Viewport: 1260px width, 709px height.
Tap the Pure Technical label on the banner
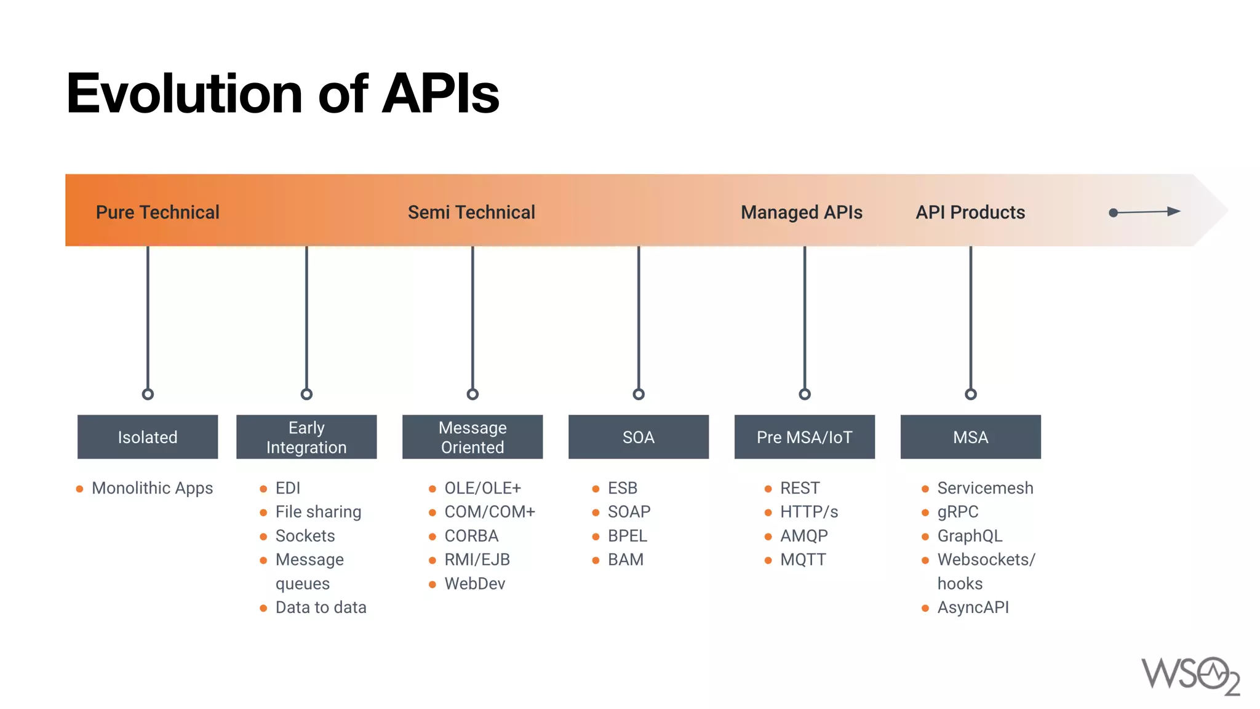tap(157, 212)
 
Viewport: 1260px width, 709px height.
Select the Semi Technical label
tap(471, 212)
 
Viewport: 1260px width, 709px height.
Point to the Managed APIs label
tap(801, 212)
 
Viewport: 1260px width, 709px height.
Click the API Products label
tap(970, 212)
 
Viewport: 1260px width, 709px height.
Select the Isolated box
tap(148, 437)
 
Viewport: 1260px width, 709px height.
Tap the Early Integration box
tap(306, 437)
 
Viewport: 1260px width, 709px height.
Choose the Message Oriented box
tap(472, 437)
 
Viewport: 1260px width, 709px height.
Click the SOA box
tap(639, 437)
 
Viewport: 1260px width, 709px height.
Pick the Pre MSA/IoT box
tap(804, 437)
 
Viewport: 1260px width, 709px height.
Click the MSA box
tap(970, 437)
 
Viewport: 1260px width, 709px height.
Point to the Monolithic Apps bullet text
tap(152, 488)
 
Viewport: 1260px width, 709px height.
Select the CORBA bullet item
tap(471, 536)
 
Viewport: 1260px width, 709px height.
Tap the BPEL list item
tap(627, 536)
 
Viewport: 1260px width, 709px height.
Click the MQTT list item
tap(803, 560)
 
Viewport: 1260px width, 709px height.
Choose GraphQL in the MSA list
tap(970, 536)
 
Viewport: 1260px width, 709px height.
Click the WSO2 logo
tap(1190, 676)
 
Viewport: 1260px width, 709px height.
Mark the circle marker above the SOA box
tap(639, 394)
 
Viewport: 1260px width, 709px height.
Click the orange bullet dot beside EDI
tap(263, 489)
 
